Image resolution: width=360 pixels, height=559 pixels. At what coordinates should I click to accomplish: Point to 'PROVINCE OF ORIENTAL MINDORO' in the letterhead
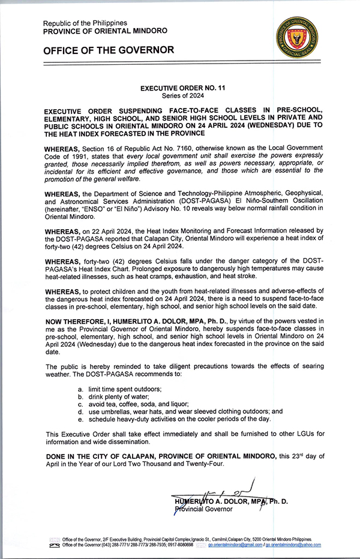(x=106, y=31)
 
